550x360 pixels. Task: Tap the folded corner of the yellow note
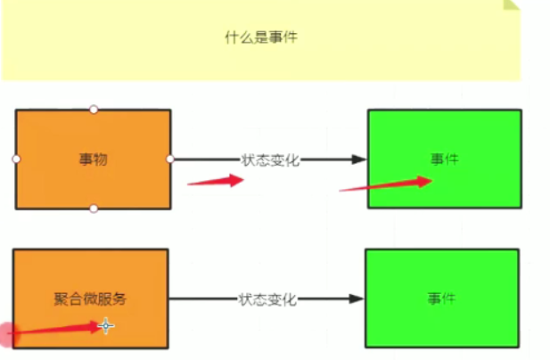(511, 4)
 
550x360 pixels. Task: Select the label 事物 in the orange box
(93, 160)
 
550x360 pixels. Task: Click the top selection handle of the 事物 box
(94, 109)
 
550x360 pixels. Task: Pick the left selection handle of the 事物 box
(16, 159)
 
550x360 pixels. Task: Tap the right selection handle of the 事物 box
(170, 159)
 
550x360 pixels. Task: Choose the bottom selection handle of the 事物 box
(94, 209)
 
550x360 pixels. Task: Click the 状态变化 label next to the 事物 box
(269, 160)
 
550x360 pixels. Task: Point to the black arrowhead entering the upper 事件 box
(358, 160)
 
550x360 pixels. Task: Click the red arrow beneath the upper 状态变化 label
(216, 180)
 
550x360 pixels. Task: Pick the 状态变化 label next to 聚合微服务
(267, 299)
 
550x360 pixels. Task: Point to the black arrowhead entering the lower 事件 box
(357, 299)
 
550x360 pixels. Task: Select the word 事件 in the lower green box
(442, 299)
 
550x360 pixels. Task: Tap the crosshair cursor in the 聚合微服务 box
(106, 326)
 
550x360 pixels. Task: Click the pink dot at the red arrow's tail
(8, 335)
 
